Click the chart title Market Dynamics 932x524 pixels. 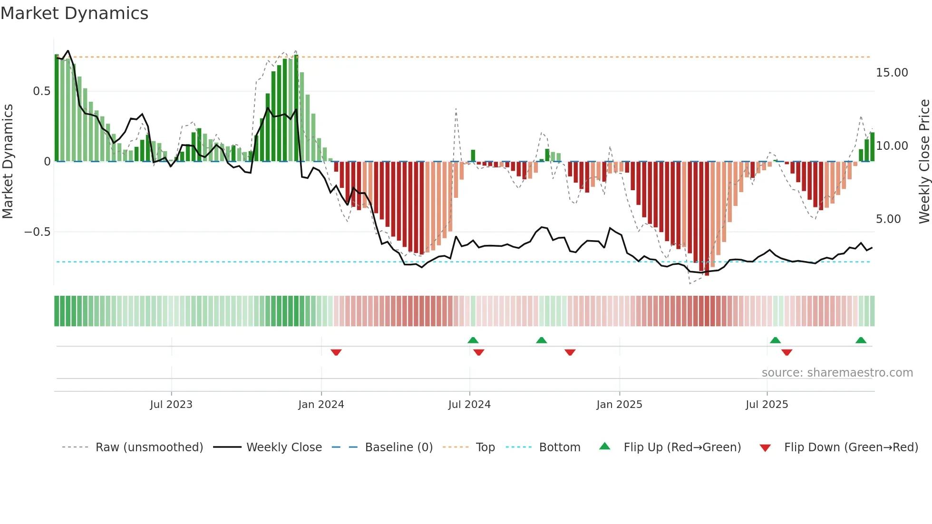[x=74, y=13]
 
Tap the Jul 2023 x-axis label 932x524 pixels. [x=171, y=405]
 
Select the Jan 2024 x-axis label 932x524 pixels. [x=321, y=405]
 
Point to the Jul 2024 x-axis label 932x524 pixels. [x=469, y=405]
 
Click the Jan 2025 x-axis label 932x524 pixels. [x=619, y=405]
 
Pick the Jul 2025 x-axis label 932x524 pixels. [x=767, y=405]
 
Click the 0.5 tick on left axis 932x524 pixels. [x=41, y=91]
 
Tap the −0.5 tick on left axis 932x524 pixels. [x=37, y=232]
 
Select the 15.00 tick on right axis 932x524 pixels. [x=892, y=73]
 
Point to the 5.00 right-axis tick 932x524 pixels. [x=888, y=219]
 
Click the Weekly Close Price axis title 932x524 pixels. [x=924, y=162]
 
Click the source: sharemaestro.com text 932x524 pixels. [x=837, y=373]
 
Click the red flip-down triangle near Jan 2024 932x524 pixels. [x=336, y=352]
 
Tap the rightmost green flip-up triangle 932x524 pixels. [x=861, y=340]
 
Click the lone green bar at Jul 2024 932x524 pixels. [x=473, y=156]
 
